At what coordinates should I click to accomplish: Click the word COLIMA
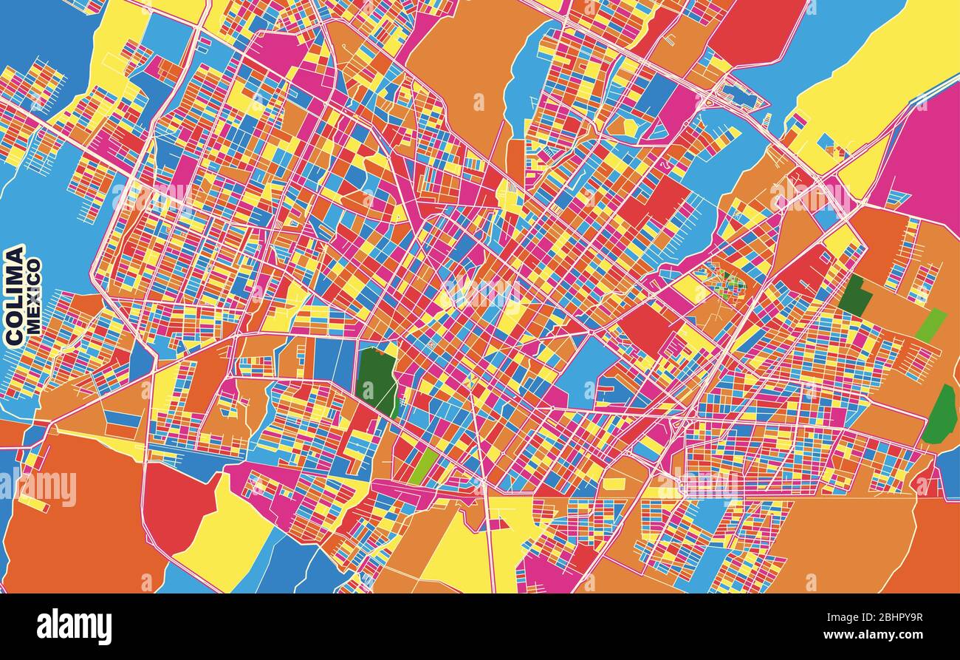(x=14, y=295)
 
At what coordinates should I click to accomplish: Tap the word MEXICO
(x=34, y=296)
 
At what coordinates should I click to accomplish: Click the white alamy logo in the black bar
(x=74, y=626)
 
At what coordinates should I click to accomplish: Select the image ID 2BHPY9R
(x=889, y=618)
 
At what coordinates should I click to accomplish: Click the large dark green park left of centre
(x=376, y=378)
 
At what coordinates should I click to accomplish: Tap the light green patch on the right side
(x=930, y=325)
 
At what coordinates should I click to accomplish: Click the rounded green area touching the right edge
(x=941, y=416)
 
